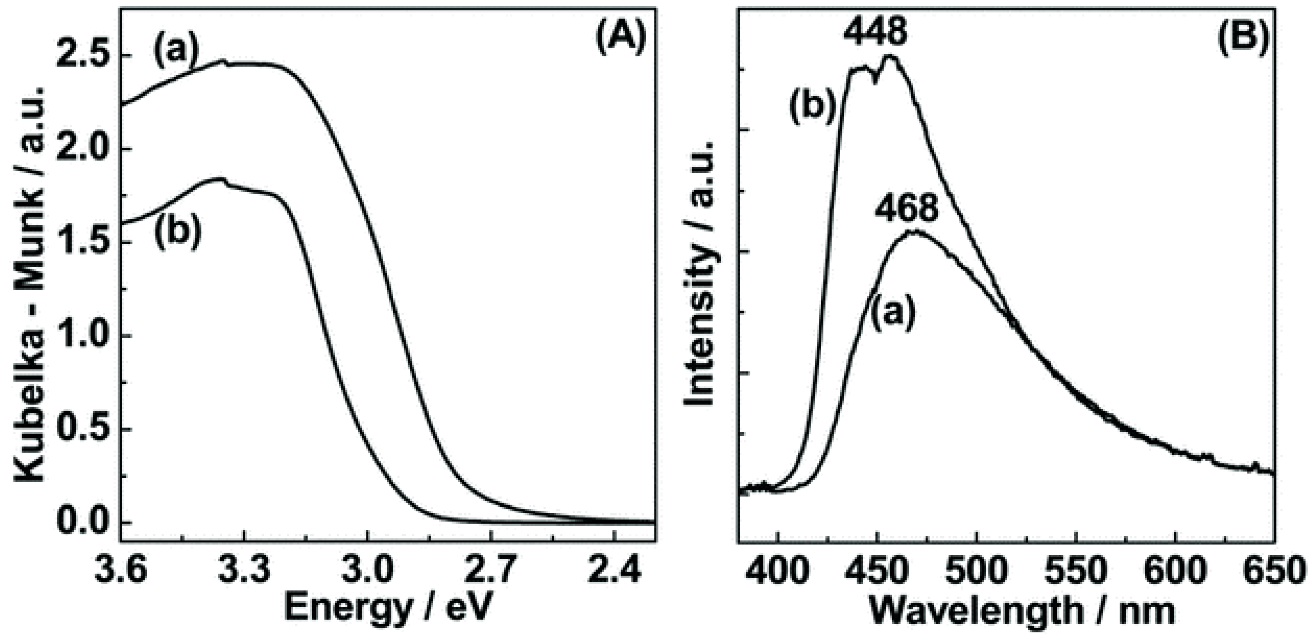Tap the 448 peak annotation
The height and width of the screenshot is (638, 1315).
coord(875,32)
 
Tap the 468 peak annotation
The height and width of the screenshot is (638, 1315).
coord(906,209)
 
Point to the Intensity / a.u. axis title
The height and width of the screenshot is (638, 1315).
coord(701,274)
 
